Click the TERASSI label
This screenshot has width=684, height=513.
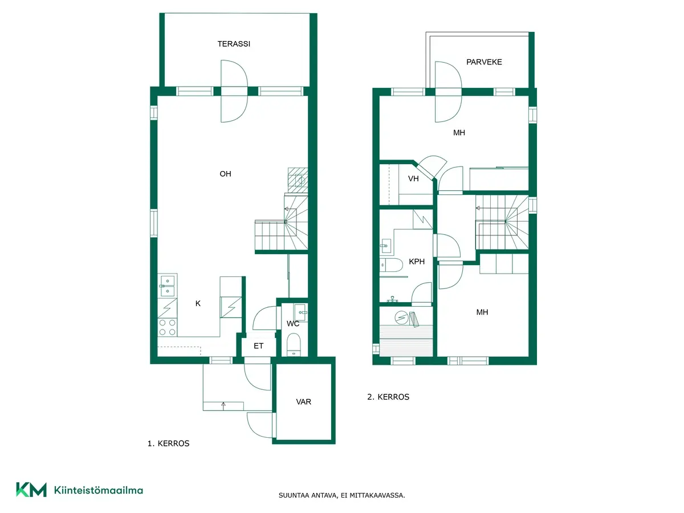click(234, 44)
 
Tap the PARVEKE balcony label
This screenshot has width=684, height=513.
click(484, 62)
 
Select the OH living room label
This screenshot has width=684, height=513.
click(225, 174)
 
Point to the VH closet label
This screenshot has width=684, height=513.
click(413, 178)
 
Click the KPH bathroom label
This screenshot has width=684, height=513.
click(417, 262)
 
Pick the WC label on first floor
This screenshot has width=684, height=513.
click(293, 324)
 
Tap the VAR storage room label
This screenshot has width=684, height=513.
click(303, 402)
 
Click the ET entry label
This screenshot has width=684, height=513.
click(258, 346)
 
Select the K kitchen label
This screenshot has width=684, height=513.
click(198, 303)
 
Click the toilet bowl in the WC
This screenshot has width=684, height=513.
click(293, 344)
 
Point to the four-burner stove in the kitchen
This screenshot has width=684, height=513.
click(168, 328)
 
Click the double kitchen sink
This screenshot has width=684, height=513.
click(168, 286)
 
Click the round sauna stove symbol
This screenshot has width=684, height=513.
click(401, 317)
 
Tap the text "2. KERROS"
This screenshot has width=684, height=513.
click(388, 397)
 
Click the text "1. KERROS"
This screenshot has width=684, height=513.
click(168, 443)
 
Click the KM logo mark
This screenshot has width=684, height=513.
click(31, 490)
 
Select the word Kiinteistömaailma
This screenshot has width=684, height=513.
click(99, 490)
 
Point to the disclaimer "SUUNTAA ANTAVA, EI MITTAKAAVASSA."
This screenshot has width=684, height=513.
click(341, 495)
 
